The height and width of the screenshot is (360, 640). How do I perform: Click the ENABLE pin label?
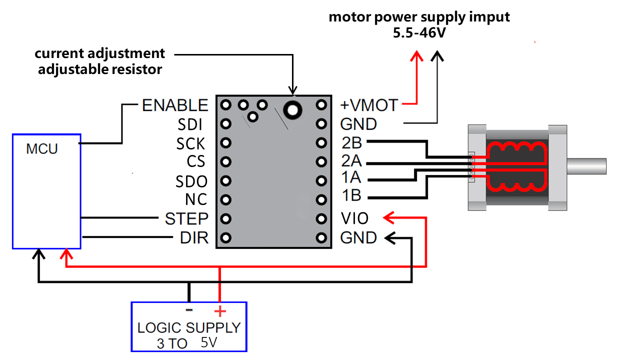(175, 105)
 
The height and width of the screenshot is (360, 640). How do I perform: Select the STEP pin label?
(186, 218)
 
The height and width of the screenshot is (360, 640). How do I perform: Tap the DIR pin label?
(194, 238)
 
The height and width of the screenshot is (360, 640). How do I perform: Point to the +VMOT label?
(369, 105)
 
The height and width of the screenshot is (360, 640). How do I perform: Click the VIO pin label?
(354, 218)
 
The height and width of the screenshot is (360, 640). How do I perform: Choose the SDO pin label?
(191, 181)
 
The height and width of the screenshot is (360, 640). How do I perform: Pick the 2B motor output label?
(351, 143)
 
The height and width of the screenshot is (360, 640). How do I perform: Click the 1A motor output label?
(351, 177)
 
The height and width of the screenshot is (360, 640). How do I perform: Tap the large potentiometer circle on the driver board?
(292, 108)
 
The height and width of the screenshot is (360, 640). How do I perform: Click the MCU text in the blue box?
(42, 149)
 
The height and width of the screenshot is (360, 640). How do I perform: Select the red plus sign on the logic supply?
(220, 311)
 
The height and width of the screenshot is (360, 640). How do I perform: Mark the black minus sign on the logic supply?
(189, 310)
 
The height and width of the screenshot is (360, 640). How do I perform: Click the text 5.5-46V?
(419, 32)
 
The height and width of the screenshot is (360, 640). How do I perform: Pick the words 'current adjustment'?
(99, 53)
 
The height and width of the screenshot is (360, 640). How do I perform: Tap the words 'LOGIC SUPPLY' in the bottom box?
(189, 328)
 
